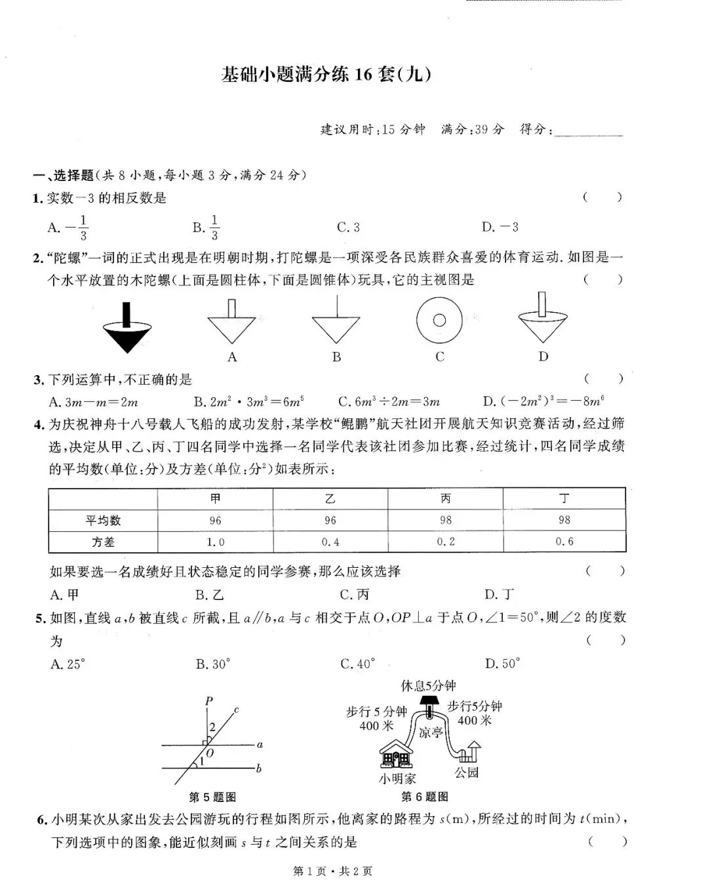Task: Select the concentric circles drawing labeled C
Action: point(439,321)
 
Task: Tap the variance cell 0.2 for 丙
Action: point(446,542)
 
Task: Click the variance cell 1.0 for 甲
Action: point(215,542)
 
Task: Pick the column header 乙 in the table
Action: point(330,499)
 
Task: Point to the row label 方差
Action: point(103,542)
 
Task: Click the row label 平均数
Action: point(103,521)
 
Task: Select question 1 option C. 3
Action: point(348,228)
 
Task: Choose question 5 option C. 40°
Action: point(357,664)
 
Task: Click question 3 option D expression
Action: point(543,401)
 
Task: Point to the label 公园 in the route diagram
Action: point(467,772)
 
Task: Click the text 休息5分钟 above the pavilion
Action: point(428,686)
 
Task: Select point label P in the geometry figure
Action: point(208,701)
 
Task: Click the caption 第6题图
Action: point(425,797)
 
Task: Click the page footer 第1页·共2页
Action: point(332,871)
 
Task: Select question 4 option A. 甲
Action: point(64,595)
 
